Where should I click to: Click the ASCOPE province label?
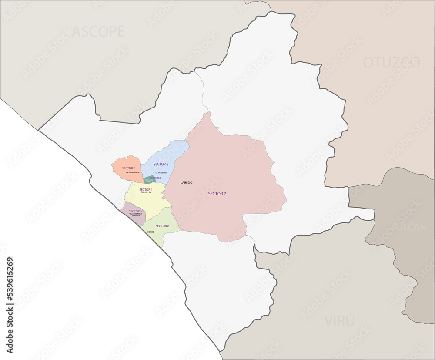click(98, 31)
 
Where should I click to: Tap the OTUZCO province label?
click(391, 63)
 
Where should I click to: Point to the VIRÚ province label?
click(339, 321)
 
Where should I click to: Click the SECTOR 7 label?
click(217, 194)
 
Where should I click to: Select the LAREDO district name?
click(186, 182)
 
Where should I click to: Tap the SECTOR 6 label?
click(161, 164)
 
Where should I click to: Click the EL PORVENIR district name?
click(161, 172)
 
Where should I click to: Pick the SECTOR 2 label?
click(129, 168)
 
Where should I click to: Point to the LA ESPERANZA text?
click(133, 172)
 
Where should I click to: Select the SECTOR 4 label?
click(146, 190)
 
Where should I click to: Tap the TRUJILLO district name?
click(146, 192)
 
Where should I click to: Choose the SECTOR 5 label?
click(135, 211)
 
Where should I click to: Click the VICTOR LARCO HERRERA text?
click(135, 215)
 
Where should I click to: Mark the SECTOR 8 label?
click(162, 226)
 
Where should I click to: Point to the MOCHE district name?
click(150, 232)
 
